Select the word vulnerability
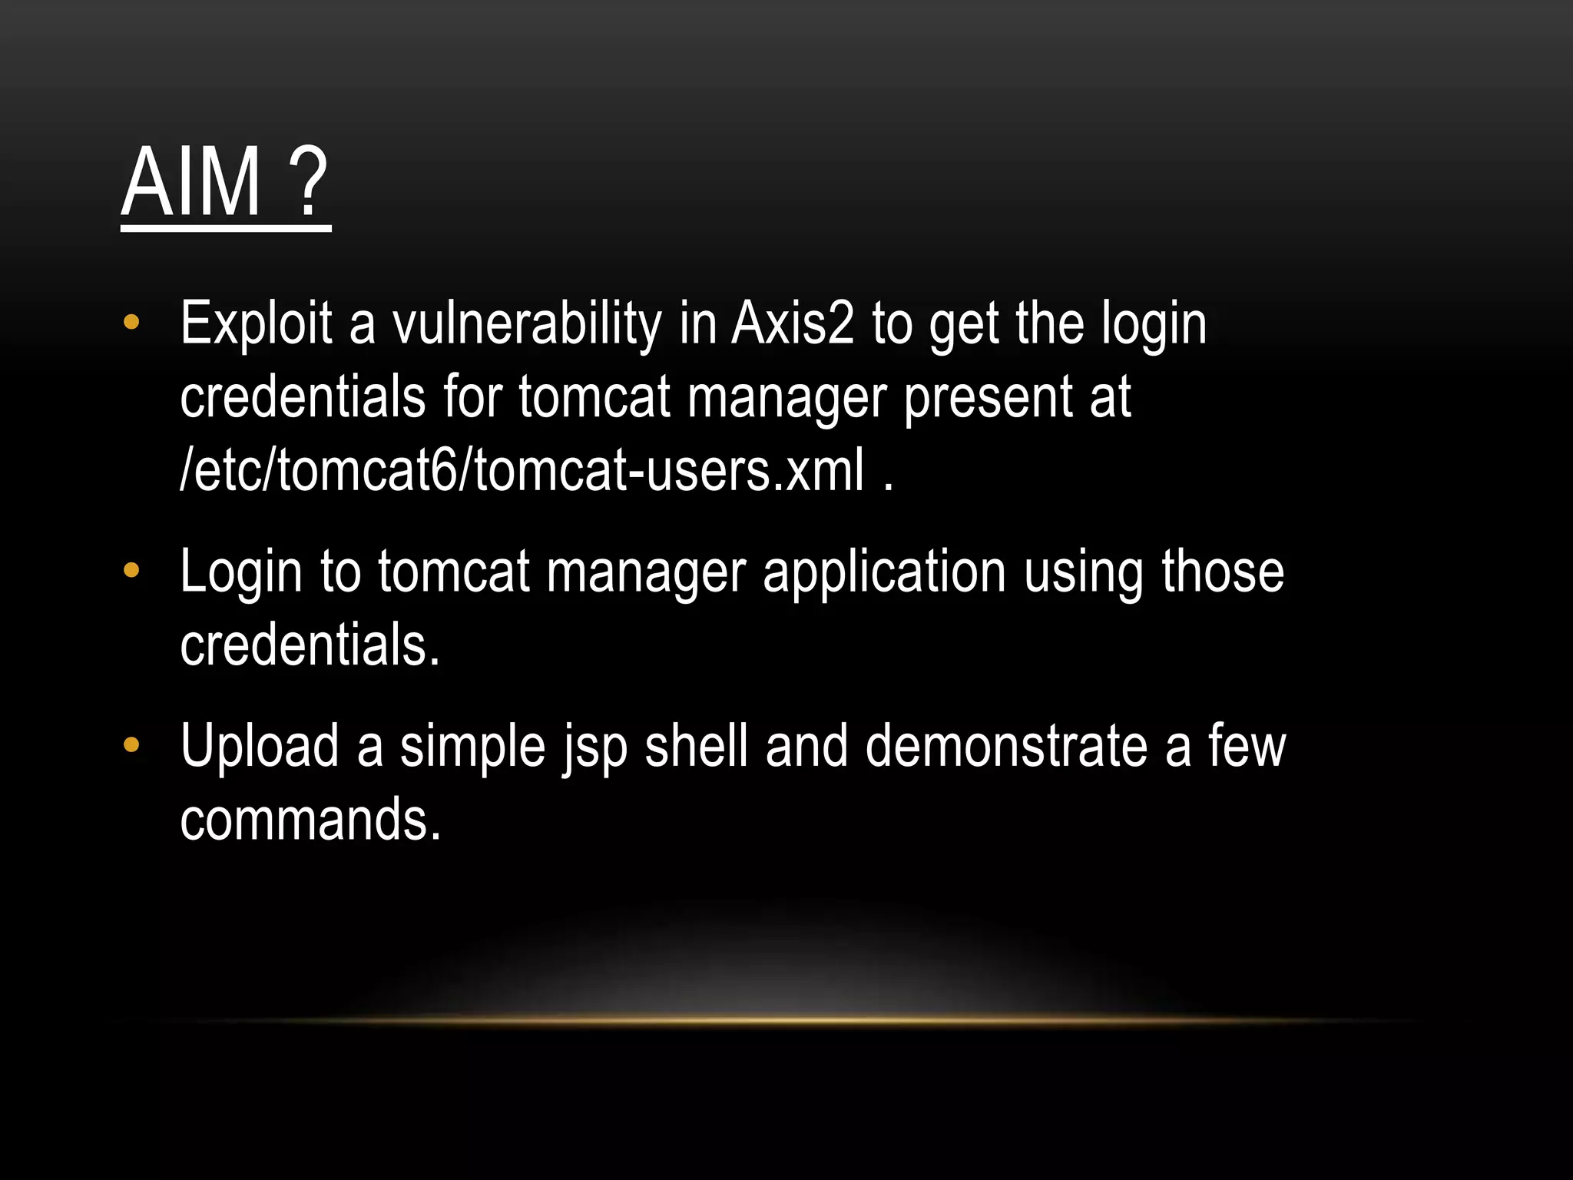(x=527, y=323)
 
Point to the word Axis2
(x=793, y=323)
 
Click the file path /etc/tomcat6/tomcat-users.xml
(x=522, y=470)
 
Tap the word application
(x=884, y=572)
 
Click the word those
(x=1222, y=572)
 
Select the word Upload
(x=260, y=746)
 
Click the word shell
(x=696, y=746)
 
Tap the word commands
(x=310, y=820)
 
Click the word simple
(x=472, y=746)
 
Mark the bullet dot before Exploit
(x=131, y=322)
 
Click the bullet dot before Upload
(x=131, y=744)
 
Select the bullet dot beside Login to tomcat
(x=131, y=570)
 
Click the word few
(x=1247, y=746)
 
